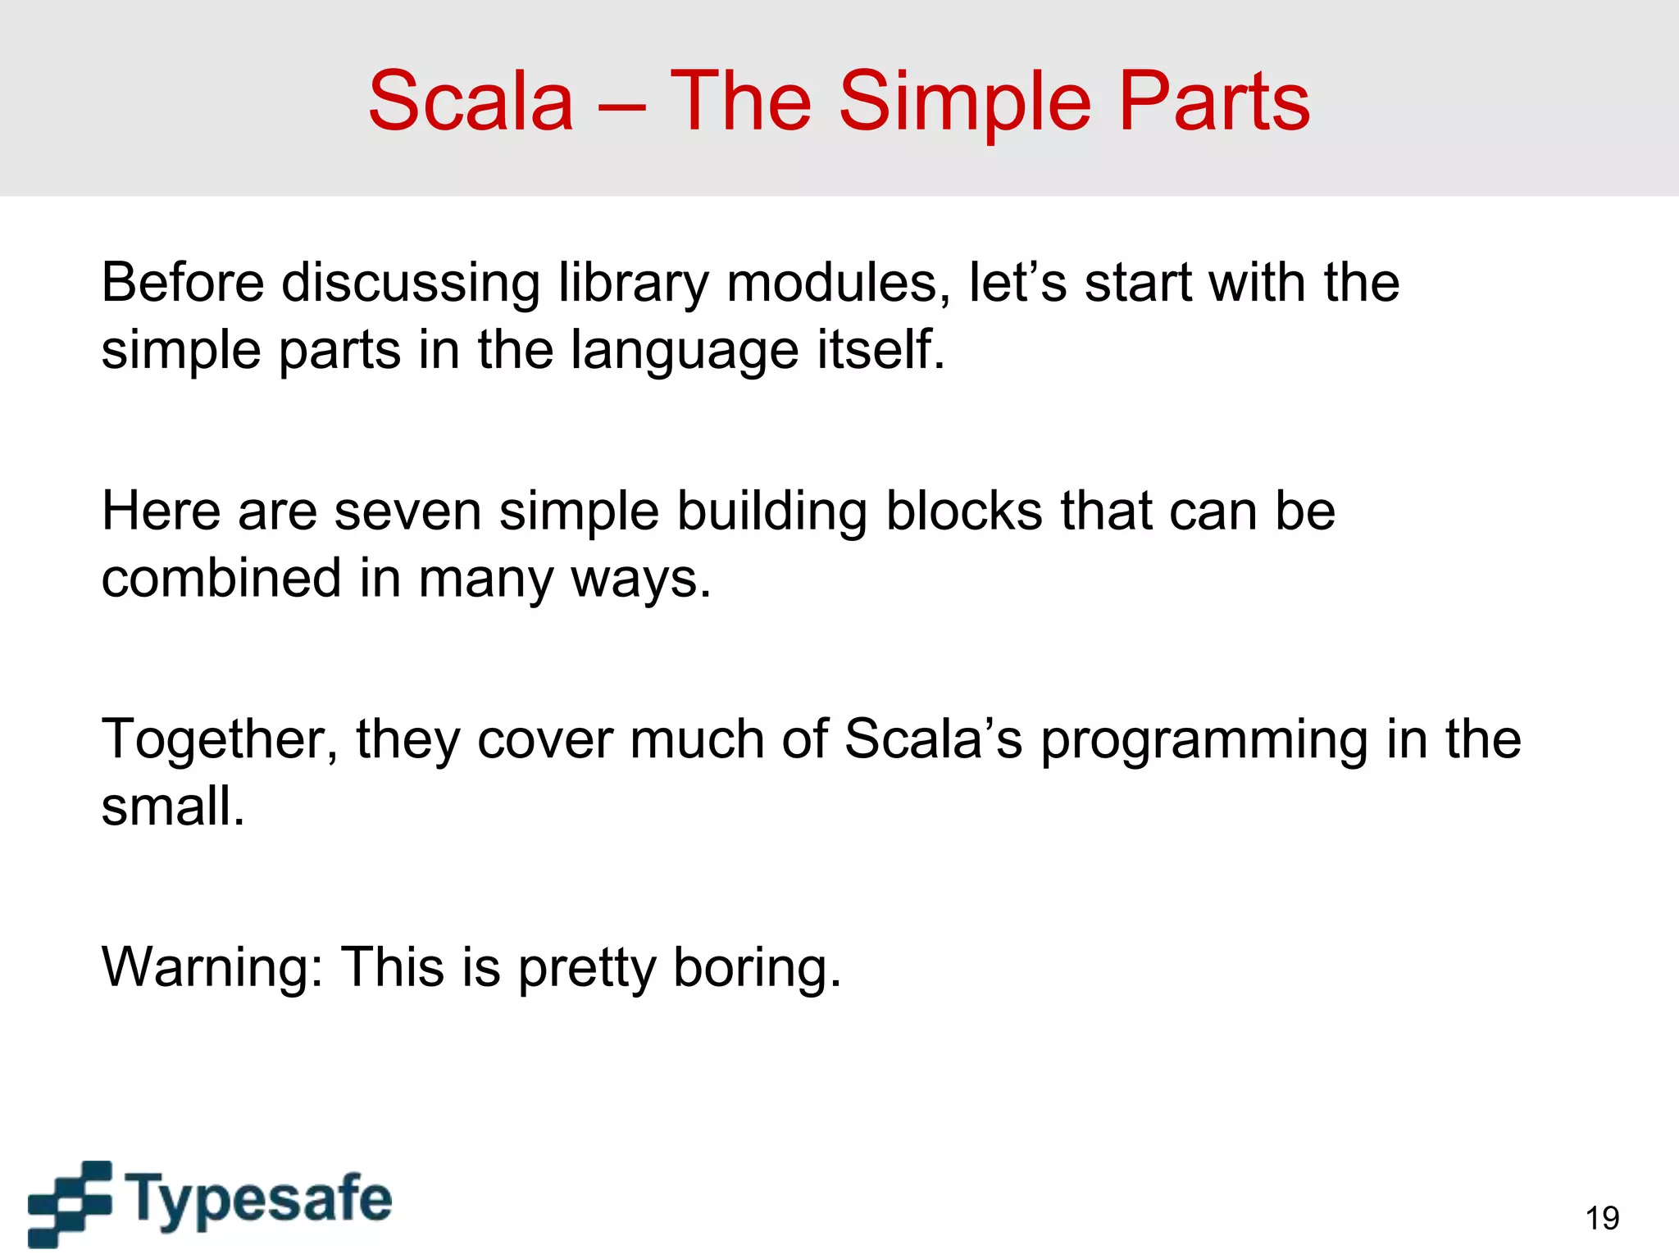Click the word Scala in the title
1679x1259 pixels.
(471, 102)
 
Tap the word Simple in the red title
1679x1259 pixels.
(965, 102)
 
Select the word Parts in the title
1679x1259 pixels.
(1214, 102)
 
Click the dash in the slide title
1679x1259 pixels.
(621, 107)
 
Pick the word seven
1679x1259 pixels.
(407, 512)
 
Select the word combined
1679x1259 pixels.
(221, 578)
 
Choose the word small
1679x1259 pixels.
(173, 807)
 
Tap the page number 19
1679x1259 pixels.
(1602, 1219)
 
